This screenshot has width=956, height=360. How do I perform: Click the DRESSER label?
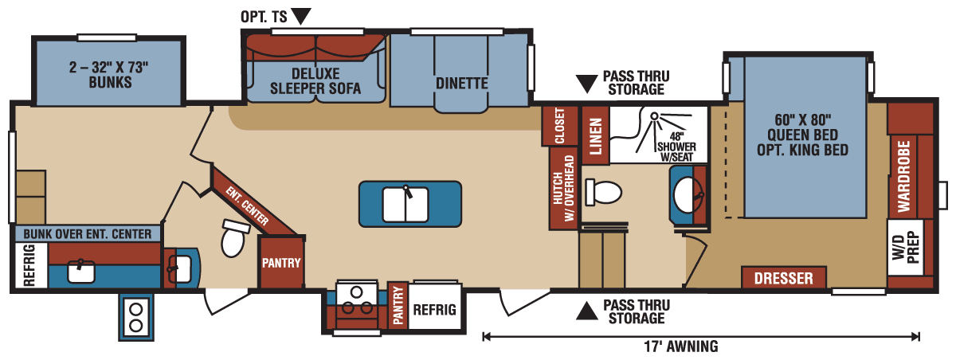783,278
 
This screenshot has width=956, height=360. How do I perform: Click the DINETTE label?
461,83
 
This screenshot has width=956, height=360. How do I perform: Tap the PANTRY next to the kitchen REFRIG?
398,306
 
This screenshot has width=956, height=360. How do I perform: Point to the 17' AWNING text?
679,346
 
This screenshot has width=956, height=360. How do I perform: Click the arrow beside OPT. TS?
300,15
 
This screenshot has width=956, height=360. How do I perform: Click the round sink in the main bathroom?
685,192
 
